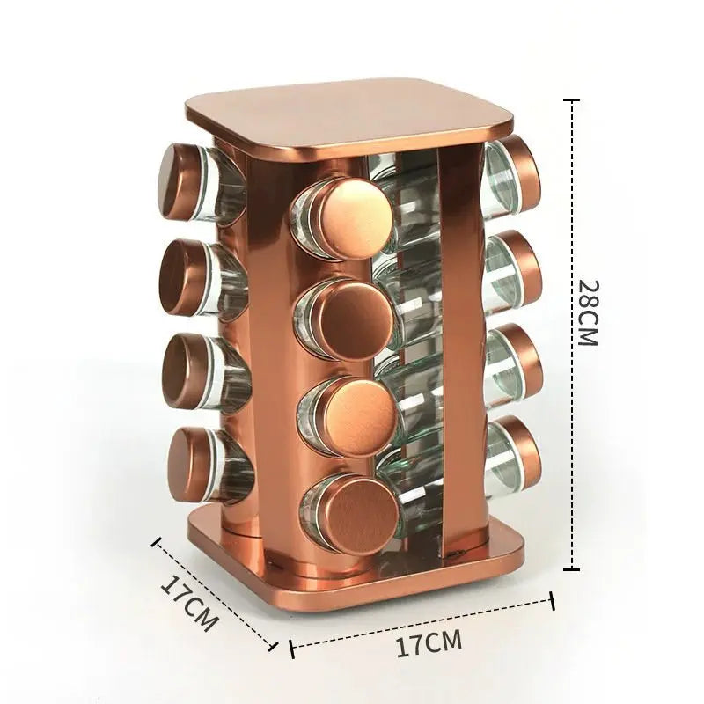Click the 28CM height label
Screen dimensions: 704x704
(x=589, y=313)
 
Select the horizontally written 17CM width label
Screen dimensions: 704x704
(x=429, y=644)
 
